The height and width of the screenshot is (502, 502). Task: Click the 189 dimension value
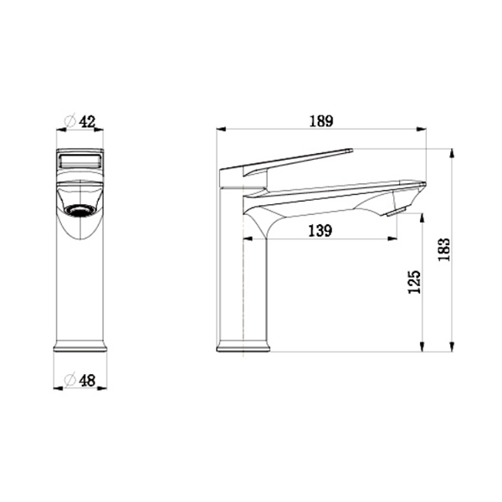321,121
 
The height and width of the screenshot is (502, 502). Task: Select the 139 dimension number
320,231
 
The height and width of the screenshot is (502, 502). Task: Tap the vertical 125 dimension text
414,282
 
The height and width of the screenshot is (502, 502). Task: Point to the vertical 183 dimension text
444,249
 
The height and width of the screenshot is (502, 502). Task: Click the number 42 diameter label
87,122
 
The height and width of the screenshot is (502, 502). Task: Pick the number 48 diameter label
87,381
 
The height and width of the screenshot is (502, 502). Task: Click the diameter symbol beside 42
70,121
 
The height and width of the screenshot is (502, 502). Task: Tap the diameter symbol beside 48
69,380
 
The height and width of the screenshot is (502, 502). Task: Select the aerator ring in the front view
79,210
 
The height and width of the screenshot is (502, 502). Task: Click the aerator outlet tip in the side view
397,212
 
